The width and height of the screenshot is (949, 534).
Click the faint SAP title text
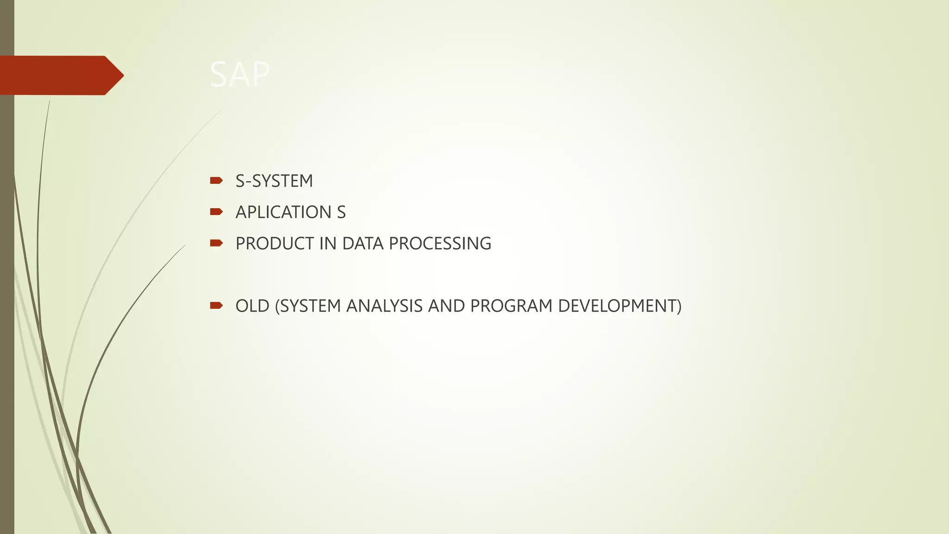click(x=240, y=75)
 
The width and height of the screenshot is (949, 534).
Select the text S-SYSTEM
click(x=274, y=181)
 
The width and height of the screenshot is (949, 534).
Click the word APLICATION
click(x=283, y=212)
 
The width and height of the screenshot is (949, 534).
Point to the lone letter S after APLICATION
click(x=341, y=212)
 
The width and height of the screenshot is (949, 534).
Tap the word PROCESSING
click(x=440, y=243)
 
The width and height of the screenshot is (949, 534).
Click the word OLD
click(x=253, y=306)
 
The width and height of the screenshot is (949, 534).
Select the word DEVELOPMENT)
click(x=620, y=306)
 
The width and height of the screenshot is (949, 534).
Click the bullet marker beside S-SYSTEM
click(x=216, y=180)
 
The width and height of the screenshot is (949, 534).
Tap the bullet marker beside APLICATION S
click(x=216, y=212)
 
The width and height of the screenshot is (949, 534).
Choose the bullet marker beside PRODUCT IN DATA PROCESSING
click(x=216, y=243)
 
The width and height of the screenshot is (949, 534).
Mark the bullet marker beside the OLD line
click(x=216, y=305)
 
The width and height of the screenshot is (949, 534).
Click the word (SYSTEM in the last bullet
click(x=308, y=306)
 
